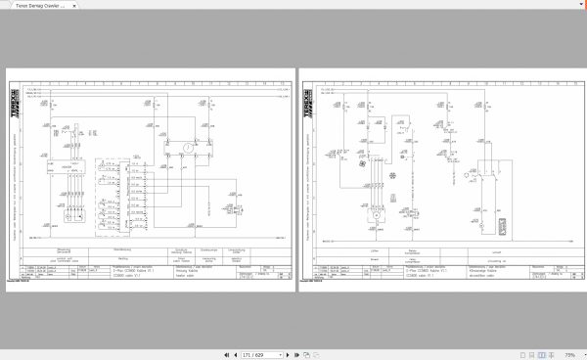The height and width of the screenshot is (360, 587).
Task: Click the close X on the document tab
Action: (x=82, y=5)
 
